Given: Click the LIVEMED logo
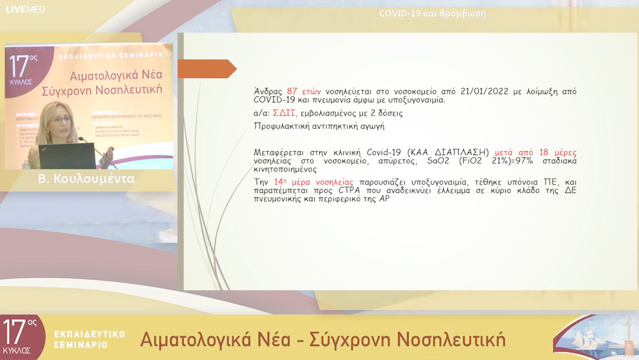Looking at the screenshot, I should tap(25, 9).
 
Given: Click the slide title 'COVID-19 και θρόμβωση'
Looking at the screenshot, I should tap(433, 13).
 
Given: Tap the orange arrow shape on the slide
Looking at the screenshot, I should tap(206, 69).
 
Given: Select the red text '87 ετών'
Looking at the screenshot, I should tap(304, 91).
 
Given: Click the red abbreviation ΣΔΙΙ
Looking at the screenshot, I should tap(285, 112).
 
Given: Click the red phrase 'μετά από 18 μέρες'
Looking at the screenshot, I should tap(535, 152).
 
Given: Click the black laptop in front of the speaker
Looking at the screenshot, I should tap(66, 156).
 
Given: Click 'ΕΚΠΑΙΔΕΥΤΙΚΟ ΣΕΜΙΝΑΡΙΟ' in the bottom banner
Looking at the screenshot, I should tap(89, 339).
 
